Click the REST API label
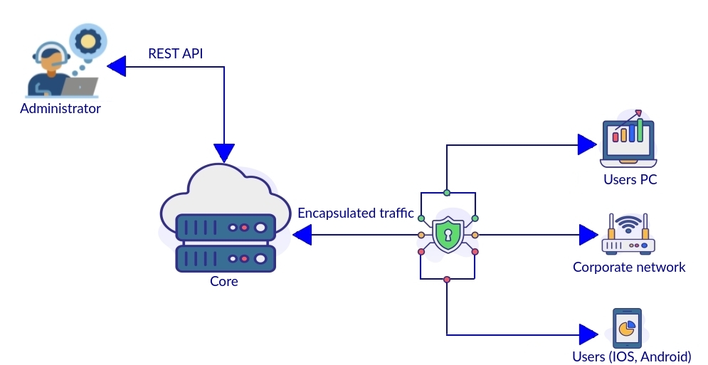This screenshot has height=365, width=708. point(176,53)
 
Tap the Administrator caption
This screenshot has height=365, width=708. point(60,109)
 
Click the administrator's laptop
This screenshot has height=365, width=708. point(79,86)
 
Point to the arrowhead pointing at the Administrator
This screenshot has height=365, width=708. point(116,68)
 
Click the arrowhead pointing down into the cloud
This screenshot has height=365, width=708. point(224,152)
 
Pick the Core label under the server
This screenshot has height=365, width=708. point(223,281)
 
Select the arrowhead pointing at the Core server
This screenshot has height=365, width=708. point(302,234)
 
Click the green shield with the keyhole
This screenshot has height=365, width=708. point(448,234)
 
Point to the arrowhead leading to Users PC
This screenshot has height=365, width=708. point(587,144)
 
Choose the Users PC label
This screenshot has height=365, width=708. point(630,179)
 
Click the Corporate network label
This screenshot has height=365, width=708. point(629,267)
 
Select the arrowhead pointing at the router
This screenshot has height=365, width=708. point(588,234)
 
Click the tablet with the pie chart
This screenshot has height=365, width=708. point(627,328)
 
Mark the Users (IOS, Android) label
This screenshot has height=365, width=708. point(632,356)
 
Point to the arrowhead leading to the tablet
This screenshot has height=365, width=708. point(588,334)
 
